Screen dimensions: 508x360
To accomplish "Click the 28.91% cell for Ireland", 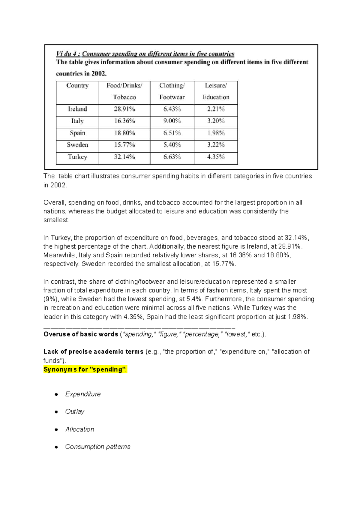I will (124, 109).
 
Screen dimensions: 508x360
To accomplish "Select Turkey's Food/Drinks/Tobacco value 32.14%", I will (124, 157).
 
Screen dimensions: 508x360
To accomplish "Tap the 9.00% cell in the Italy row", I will (172, 121).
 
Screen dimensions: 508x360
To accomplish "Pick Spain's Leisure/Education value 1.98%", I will (216, 133).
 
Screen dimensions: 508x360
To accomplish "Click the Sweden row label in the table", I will (77, 145).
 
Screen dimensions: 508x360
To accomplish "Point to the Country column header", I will (77, 86).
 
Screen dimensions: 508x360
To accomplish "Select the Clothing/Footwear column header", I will (172, 91).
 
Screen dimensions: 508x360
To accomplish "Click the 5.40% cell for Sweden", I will (172, 145).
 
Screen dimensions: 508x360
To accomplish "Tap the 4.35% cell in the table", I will (216, 157).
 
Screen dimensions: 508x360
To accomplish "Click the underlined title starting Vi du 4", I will (145, 54).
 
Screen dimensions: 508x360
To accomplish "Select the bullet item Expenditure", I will (83, 394).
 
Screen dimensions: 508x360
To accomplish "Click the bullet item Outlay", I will (75, 411).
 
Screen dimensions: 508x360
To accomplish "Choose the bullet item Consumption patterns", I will (97, 447).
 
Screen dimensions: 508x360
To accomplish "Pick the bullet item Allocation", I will (79, 429).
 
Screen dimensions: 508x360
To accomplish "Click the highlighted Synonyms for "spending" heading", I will (85, 369).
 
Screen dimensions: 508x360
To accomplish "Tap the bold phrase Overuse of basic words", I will (80, 334).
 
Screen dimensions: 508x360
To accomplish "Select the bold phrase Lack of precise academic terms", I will (93, 352).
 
